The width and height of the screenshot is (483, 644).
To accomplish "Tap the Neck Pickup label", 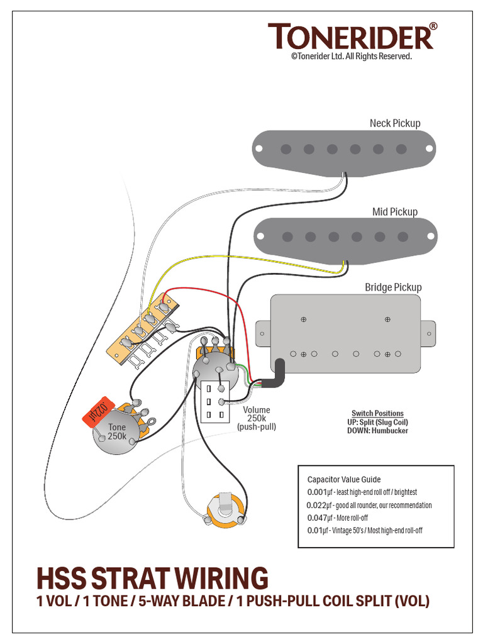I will (395, 123).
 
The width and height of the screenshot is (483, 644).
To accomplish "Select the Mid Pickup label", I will (394, 212).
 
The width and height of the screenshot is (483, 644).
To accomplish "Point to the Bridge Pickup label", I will (393, 287).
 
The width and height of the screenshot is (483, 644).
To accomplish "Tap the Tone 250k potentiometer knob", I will (116, 432).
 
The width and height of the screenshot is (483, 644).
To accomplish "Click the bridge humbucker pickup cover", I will (346, 333).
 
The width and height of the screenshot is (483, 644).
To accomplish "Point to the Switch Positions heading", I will (377, 413).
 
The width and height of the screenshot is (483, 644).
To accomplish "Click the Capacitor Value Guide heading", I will (344, 479).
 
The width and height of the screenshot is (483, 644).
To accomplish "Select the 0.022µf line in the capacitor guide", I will (369, 505).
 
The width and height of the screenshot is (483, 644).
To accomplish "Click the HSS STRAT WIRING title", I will (152, 578).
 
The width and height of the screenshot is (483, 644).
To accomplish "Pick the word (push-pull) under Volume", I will (256, 427).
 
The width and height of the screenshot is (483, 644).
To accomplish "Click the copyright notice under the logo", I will (351, 57).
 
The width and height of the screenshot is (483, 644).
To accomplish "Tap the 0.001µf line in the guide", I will (362, 492).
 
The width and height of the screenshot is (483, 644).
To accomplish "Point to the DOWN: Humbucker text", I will (377, 431).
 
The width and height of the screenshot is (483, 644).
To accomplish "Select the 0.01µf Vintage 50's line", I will (365, 530).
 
